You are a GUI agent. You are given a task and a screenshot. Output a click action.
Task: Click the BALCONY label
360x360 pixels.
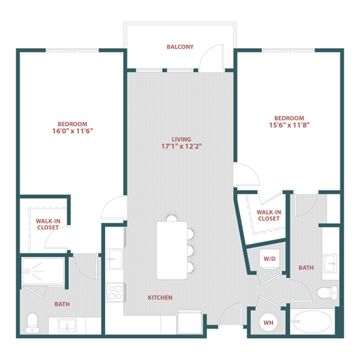coord(180,47)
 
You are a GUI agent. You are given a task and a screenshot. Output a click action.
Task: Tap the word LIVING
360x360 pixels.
coord(181,139)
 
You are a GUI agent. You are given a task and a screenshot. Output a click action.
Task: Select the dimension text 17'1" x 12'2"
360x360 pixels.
coord(181,148)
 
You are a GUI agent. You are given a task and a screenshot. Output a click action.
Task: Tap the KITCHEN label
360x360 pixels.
coord(160,298)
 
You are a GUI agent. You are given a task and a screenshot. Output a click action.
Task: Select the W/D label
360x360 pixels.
coord(268,258)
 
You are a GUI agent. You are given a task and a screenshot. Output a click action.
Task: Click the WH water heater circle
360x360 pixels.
coord(268,324)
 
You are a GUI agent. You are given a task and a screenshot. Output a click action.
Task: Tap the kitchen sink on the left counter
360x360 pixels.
coord(115,259)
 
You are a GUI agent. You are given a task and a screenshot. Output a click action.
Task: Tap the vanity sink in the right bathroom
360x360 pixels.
coord(330,263)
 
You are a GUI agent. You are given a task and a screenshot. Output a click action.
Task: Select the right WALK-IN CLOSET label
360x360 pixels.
coord(268,216)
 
